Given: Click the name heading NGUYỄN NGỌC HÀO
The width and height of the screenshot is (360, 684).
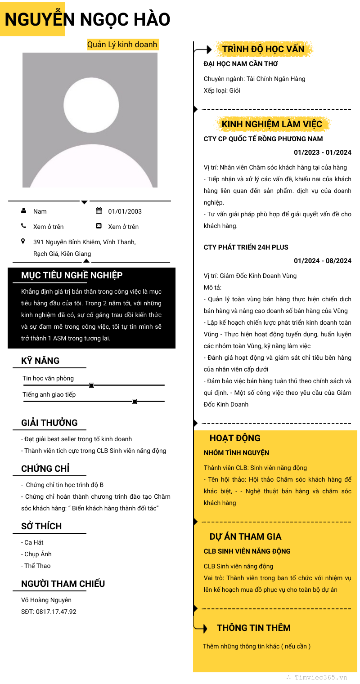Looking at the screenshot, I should coord(87,19).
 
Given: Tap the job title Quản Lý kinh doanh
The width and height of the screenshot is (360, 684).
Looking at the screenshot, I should coord(122,45).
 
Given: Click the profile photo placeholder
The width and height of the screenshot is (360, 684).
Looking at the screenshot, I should coord(90,120).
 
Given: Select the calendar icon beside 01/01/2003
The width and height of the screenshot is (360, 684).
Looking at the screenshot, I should coord(99,211).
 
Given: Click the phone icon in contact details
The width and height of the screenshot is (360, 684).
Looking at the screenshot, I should coord(23,226).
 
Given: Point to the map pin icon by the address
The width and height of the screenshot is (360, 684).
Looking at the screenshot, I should coord(23,241).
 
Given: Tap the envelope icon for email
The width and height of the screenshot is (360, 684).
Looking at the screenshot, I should coord(99,226).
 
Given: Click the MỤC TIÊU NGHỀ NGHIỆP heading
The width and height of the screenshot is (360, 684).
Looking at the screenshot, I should coord(72,275).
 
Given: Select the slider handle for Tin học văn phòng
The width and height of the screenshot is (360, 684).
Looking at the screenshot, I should coord(92,385).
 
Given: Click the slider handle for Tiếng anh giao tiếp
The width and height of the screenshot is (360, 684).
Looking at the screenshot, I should coord(134,401).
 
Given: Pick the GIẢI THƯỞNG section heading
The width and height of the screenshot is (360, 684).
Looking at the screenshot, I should coord(49,423).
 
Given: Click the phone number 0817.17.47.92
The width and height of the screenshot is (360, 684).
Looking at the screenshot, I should coord(56,612).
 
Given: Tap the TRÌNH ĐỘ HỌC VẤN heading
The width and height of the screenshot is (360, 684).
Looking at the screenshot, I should coord(263,49).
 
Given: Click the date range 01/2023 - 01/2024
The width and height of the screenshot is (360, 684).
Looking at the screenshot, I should coord(323,152).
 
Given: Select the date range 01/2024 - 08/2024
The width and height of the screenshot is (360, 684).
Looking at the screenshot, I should coord(323,261).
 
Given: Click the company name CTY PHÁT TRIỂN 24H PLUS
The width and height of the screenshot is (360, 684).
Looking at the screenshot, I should coord(246,247).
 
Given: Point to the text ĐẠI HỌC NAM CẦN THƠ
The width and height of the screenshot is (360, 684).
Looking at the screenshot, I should coord(241,64).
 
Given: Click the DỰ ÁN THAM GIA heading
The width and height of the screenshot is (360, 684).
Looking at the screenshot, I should coord(245,536).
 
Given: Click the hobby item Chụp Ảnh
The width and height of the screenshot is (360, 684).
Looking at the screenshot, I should coord(38,554).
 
